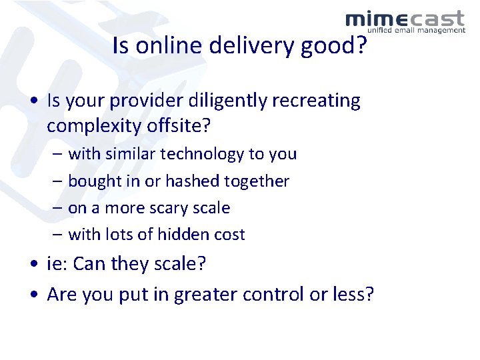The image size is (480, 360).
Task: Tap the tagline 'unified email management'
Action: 416,31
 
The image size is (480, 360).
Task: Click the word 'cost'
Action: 230,235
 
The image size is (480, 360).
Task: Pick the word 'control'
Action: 273,295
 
